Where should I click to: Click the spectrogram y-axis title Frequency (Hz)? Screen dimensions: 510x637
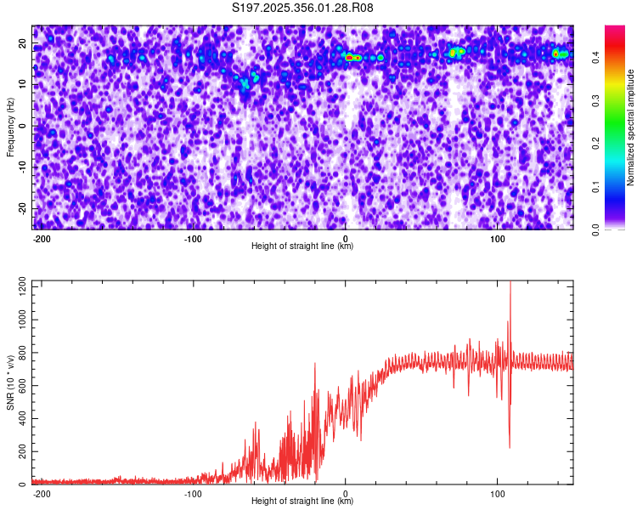[11, 127]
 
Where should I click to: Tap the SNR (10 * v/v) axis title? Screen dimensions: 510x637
[11, 382]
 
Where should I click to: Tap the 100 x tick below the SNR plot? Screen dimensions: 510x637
[498, 494]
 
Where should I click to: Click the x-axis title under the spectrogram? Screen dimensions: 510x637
[302, 246]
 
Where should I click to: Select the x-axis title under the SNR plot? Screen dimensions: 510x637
[302, 501]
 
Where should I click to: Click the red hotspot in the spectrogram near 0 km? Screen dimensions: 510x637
[349, 57]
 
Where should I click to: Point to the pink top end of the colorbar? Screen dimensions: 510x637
[615, 29]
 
